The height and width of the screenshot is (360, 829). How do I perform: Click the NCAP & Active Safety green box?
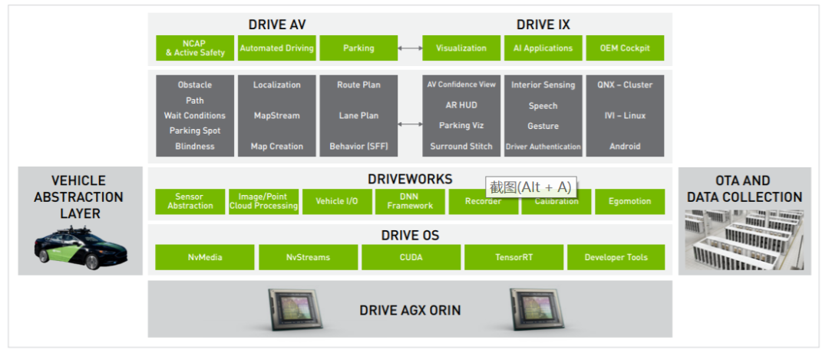click(x=195, y=48)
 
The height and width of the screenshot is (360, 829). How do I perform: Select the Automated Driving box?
click(x=276, y=48)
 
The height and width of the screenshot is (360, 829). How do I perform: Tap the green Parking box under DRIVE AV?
click(x=358, y=48)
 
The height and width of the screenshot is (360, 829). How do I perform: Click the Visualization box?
click(x=461, y=48)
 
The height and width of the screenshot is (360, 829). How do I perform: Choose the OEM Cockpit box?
click(x=624, y=48)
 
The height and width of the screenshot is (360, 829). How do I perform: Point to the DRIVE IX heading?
click(x=543, y=25)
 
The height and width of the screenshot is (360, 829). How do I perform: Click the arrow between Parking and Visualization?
click(x=410, y=48)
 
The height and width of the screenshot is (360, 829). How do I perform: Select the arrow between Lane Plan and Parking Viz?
click(x=410, y=124)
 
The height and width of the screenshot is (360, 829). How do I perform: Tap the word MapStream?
click(x=276, y=116)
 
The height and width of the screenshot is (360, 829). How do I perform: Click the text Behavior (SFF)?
click(x=358, y=147)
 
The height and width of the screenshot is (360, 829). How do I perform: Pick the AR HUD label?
click(x=461, y=105)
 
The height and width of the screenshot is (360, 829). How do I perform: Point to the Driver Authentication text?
click(x=543, y=147)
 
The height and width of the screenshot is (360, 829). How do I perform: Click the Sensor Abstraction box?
click(x=190, y=201)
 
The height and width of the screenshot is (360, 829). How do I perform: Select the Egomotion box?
click(x=629, y=201)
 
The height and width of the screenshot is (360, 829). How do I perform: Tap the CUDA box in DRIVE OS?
click(x=411, y=257)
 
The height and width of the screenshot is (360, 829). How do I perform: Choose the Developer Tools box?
click(x=616, y=257)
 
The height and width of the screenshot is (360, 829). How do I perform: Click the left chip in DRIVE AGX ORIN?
click(x=297, y=309)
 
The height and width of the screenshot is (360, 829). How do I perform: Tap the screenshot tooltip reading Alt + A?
click(x=531, y=187)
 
